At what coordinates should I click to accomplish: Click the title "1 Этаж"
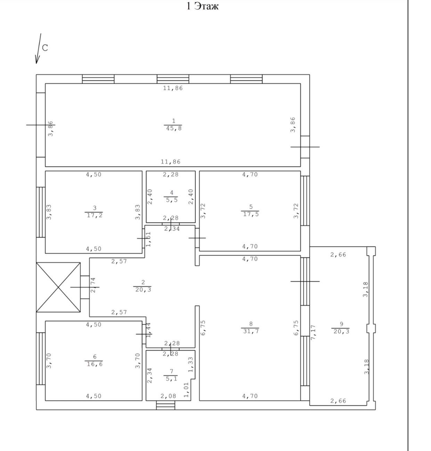coord(202,6)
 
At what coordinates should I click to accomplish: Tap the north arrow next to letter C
coord(38,48)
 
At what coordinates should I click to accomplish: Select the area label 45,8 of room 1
coord(174,128)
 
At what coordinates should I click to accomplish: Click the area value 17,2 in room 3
coord(95,215)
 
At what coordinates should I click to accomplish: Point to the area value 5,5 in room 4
coord(172,200)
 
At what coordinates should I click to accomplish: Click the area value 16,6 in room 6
coord(95,364)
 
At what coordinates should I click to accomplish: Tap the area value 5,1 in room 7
coord(172,379)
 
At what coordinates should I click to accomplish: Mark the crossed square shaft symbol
coord(58,287)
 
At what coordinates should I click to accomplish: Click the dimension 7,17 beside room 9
coord(313,332)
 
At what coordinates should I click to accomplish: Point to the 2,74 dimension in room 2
coord(93,285)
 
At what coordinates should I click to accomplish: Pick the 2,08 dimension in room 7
coord(168,396)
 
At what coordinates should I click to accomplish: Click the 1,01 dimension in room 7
coord(186,390)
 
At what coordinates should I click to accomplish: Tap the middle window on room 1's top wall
coord(173,79)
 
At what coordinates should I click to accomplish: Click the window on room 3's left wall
coord(41,212)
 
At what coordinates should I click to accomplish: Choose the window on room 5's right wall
coord(305,201)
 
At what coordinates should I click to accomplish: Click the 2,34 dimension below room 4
coord(172,229)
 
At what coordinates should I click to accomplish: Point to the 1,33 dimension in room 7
coord(190,364)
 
